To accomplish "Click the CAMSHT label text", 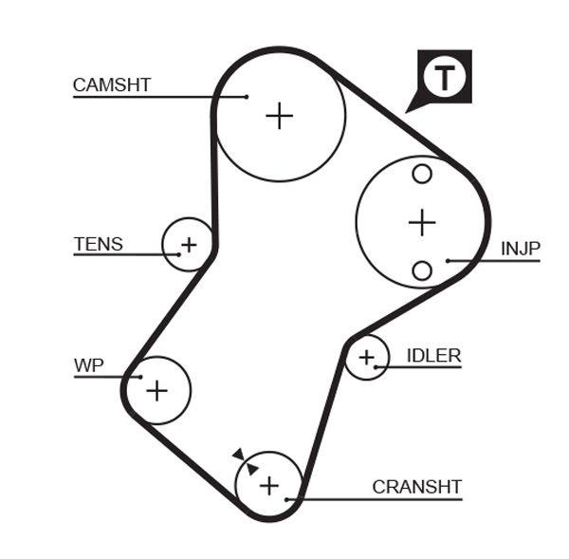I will point(112,84).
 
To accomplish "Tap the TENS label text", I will point(99,244).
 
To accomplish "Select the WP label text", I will point(88,365).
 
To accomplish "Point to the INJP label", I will point(521,249).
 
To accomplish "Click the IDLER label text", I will point(433,356).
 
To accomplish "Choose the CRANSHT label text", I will point(416,487).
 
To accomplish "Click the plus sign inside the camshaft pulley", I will point(279,116).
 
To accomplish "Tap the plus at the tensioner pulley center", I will point(189,245).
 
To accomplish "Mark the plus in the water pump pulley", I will point(156,389).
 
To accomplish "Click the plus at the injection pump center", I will point(421,223).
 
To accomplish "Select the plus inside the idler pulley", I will point(366,358).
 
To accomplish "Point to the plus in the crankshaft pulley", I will point(269,486).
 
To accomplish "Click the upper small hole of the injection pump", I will point(422,175).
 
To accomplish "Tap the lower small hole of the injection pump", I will point(422,271).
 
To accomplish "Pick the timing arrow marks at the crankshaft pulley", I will point(245,461).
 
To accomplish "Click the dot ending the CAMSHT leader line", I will point(246,96).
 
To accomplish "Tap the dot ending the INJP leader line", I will point(448,260).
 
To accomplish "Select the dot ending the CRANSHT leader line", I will point(286,498).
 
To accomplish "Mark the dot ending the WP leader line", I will point(140,377).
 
